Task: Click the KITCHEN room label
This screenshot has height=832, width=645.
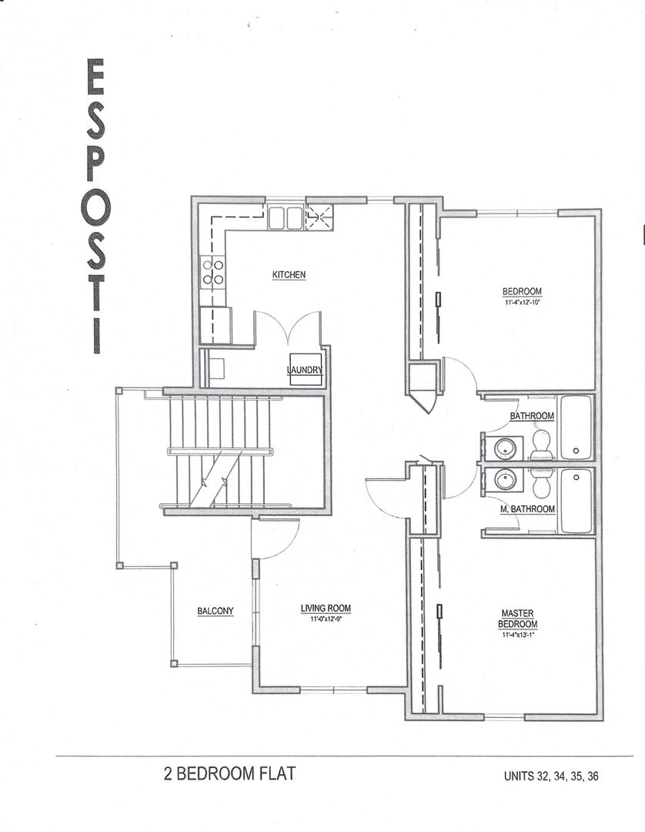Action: pos(289,274)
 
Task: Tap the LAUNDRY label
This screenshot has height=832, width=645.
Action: pos(305,370)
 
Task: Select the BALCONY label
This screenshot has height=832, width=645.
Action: pos(216,611)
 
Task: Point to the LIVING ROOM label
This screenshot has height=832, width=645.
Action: pos(326,608)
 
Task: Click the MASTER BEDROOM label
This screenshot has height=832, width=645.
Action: pos(518,619)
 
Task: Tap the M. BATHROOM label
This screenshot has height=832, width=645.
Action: pos(528,509)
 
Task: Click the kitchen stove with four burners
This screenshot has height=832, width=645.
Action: pos(212,271)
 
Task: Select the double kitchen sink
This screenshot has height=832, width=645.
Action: pos(285,217)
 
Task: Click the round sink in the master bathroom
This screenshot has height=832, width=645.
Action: pos(503,480)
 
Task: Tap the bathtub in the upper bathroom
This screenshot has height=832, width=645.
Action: pos(577,428)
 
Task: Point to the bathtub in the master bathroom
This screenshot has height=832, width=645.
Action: pos(577,501)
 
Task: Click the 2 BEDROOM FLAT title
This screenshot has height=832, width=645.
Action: pos(229,773)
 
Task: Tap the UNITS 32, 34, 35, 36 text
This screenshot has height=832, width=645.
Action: pos(551,776)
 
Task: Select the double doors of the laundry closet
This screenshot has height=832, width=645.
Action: pos(288,325)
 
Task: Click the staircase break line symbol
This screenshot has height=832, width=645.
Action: pos(213,480)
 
